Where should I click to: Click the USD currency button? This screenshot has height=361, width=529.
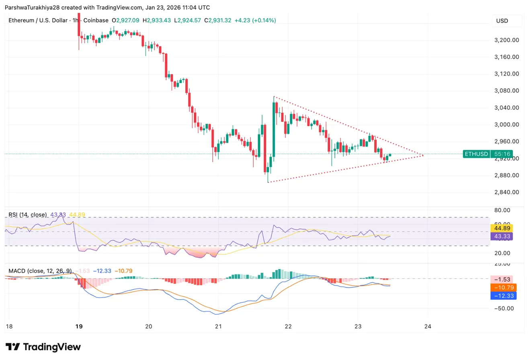coord(502,20)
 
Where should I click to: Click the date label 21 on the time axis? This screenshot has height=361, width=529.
coord(218,326)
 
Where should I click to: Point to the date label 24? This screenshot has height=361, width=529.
coord(428,326)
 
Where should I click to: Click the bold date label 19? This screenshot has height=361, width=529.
coord(79,326)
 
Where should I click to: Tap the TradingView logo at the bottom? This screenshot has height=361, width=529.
coord(43,347)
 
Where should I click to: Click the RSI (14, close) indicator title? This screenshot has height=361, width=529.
coord(28,215)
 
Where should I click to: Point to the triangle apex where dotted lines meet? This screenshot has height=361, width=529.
coord(423,155)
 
